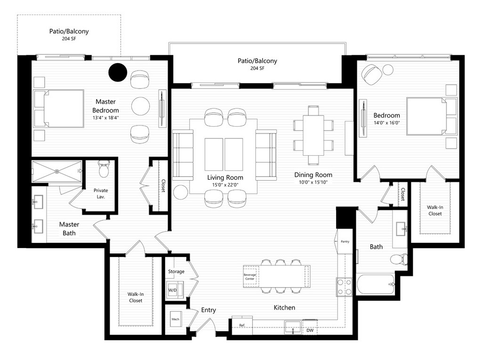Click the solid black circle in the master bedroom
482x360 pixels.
coord(118,72)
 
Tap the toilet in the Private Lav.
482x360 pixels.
coord(104,169)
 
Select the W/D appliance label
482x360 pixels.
coord(172,290)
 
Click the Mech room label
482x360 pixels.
coord(175,319)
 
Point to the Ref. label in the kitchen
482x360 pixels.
coord(242,325)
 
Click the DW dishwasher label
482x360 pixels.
coord(310,330)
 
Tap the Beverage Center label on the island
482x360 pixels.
coord(249,277)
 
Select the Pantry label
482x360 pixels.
coord(345,241)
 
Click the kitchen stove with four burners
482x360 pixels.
coord(344,287)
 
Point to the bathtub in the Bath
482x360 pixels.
coord(376,284)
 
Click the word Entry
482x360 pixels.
coord(209,310)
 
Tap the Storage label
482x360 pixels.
coord(176,272)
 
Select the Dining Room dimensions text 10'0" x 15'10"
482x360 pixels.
coord(313,182)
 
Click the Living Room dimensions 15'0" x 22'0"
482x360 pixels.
coord(225,185)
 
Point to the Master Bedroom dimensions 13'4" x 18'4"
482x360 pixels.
coord(105,118)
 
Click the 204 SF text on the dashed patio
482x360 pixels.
coord(69,39)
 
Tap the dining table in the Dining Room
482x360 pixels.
coord(313,135)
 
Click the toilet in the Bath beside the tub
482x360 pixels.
coord(399,259)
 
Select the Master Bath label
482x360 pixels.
coord(69,229)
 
